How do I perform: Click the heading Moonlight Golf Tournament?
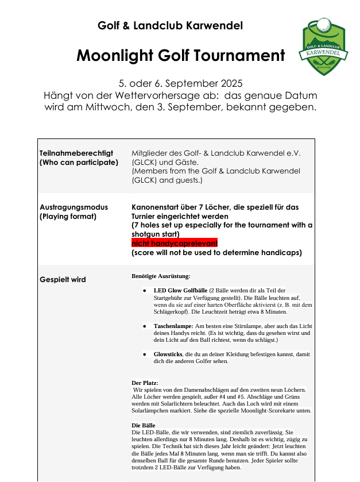[180, 56]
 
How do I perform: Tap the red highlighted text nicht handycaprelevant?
[175, 243]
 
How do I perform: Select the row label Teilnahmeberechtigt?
[76, 153]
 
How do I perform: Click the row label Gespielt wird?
[63, 279]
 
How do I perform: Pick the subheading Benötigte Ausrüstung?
[161, 276]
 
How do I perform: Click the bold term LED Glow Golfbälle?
[180, 291]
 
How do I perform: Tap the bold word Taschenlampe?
[173, 326]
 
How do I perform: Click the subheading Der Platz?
[145, 383]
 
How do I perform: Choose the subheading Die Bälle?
[144, 425]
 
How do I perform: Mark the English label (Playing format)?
[68, 217]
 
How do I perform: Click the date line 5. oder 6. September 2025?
[180, 83]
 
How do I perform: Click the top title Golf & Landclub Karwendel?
[170, 26]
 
